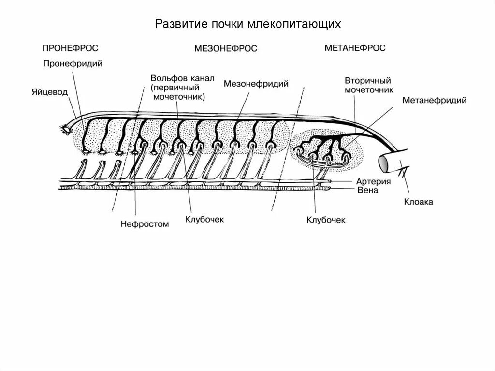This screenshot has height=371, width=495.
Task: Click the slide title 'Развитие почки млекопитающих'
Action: pos(248,25)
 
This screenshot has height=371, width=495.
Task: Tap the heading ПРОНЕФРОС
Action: pos(71,48)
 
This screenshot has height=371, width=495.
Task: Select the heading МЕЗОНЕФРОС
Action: pos(225,48)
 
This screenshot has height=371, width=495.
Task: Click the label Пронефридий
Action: pos(73,63)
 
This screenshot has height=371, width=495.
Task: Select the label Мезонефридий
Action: pos(256,84)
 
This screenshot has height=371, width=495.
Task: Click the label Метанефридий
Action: pos(434,101)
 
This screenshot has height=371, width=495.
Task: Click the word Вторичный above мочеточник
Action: pos(368,80)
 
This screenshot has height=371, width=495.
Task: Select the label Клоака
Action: pos(419,202)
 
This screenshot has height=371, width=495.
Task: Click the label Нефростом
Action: pos(145,224)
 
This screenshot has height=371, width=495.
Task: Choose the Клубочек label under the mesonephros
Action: pos(204,219)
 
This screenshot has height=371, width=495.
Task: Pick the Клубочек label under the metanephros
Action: pos(326,220)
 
